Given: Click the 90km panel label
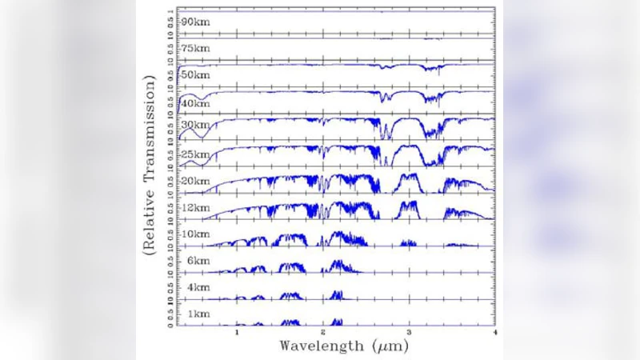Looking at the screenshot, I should tap(195, 22).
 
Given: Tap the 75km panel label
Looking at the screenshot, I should tap(195, 49).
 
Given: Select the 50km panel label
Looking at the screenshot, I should tap(195, 75).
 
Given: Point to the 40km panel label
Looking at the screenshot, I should tap(195, 102).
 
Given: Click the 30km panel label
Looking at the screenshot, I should tap(195, 128).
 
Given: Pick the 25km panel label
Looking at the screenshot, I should tap(195, 154).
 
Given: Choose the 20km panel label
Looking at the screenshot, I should tap(195, 181).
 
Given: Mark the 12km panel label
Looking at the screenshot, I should tap(195, 207).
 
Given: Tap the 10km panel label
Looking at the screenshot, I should tap(195, 234).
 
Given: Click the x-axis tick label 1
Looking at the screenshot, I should tap(238, 331).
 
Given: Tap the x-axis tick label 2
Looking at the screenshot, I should tap(323, 331).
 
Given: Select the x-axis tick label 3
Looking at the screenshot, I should tap(409, 331).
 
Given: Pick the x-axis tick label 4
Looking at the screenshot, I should tap(494, 331).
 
